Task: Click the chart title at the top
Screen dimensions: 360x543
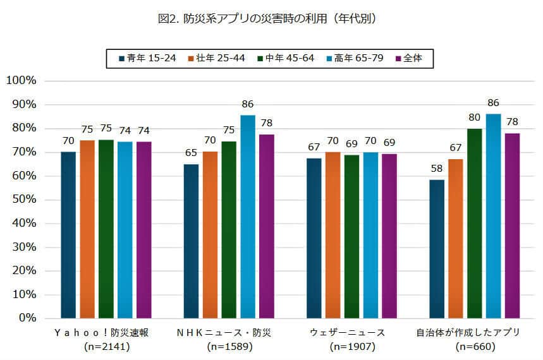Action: [271, 19]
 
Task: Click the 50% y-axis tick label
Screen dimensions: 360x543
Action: [23, 200]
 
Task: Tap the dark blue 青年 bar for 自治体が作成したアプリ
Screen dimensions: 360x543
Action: [437, 249]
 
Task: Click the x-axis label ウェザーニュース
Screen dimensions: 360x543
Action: [347, 332]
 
